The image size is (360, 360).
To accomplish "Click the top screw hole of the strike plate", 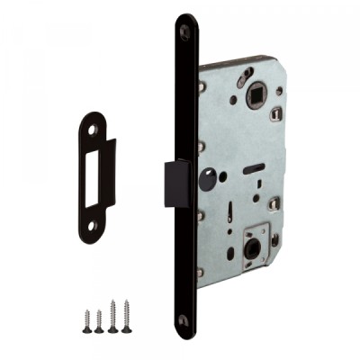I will tap(94, 128).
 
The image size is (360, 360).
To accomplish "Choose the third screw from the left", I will tap(112, 316).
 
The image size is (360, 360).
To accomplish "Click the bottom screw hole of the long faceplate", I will tap(184, 320).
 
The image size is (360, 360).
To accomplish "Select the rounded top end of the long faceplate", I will tap(186, 22).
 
